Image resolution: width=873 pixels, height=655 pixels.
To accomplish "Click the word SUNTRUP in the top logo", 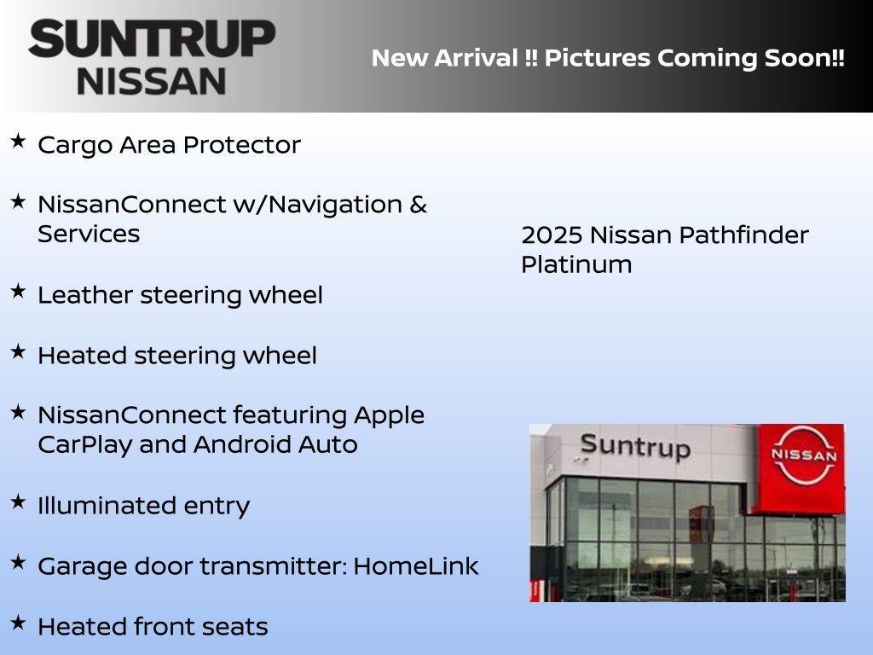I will point(152,39).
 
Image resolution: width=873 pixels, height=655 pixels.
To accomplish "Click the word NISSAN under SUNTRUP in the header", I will point(152,81).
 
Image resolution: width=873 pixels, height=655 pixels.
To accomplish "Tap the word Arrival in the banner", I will point(477,59).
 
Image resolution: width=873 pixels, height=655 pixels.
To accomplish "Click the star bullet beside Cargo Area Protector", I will point(18,141).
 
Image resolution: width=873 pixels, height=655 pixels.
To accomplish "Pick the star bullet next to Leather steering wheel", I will point(18,291).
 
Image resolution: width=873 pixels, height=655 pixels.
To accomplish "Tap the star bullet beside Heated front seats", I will point(18,623).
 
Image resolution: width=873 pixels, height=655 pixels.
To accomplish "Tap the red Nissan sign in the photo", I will point(802,456).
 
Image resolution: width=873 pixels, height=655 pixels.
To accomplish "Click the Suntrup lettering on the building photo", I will point(634,446).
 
